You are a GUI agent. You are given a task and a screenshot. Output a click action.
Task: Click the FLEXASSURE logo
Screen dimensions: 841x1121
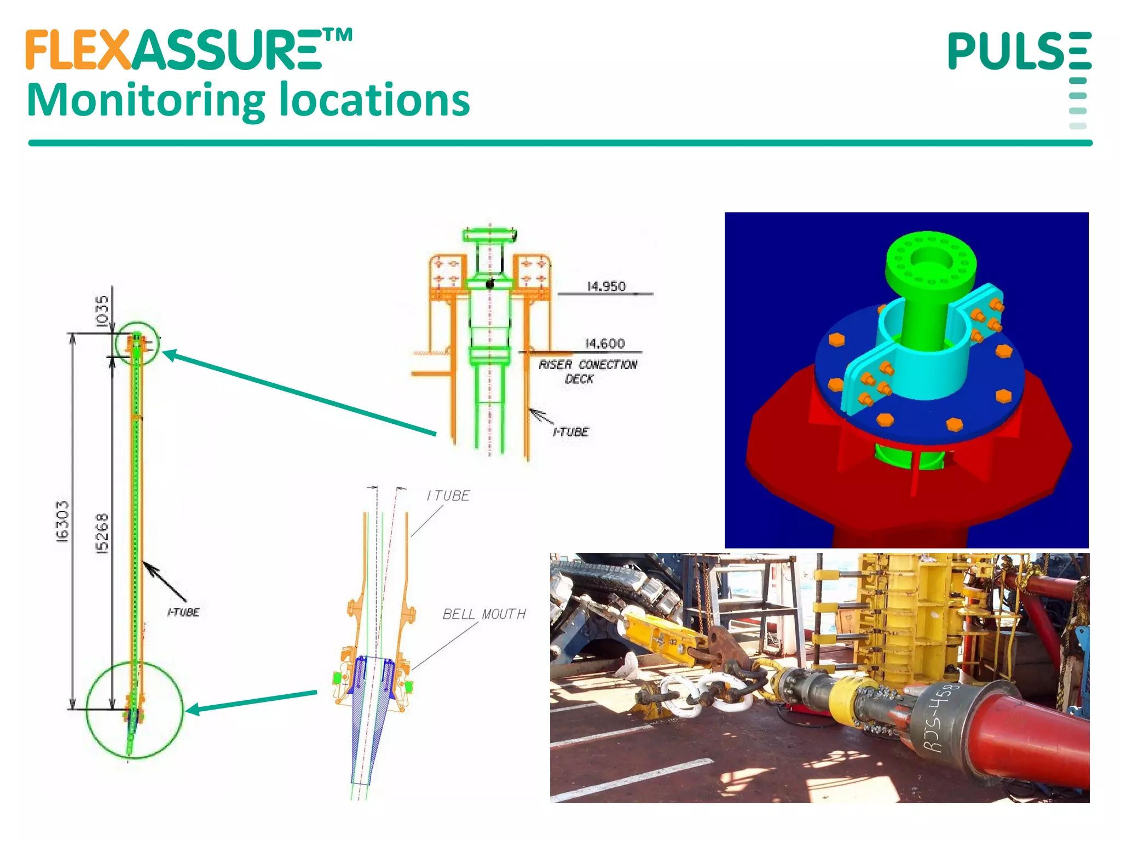pos(189,50)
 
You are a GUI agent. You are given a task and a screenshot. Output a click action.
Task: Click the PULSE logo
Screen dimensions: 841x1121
pos(1019,51)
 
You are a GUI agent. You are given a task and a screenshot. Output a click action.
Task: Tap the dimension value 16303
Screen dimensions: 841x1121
pos(63,521)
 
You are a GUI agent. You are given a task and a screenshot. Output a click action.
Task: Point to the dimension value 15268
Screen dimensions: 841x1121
pos(102,533)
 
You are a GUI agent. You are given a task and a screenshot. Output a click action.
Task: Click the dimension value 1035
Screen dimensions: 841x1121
pos(102,312)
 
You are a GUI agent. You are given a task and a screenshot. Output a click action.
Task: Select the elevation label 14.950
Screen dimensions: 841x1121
pos(606,286)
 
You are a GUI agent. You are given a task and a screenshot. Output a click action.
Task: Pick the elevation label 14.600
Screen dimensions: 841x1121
pos(605,343)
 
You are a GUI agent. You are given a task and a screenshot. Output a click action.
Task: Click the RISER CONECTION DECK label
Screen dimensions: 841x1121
pos(587,371)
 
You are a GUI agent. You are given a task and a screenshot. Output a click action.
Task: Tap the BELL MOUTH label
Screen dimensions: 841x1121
pos(484,614)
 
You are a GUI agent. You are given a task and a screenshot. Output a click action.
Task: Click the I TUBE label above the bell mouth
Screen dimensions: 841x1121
pos(448,496)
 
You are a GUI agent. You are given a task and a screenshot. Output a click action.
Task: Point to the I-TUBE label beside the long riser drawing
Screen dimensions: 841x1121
pos(183,612)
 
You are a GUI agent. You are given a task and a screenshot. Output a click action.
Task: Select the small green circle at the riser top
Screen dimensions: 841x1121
pos(137,343)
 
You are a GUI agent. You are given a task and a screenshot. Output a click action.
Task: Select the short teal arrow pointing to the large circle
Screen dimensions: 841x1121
pos(252,701)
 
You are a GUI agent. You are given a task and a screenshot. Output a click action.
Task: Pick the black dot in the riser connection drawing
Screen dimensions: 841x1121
pos(490,284)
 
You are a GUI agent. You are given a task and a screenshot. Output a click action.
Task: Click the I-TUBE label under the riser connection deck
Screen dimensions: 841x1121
pos(570,432)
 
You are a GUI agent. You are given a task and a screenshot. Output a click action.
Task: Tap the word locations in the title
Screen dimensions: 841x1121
pos(374,101)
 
